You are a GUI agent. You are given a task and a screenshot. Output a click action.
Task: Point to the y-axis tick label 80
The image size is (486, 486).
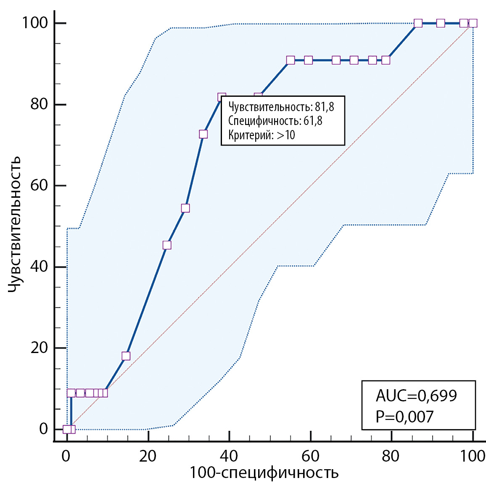[x=39, y=104]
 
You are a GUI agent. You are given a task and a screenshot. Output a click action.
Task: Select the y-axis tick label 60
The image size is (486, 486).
[x=39, y=185]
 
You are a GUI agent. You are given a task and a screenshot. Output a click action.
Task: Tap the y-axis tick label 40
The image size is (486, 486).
[x=39, y=266]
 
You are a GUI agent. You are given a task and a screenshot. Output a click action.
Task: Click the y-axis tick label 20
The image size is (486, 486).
[x=39, y=348]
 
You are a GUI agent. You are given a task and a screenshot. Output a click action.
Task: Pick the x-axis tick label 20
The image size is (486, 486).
[x=148, y=456]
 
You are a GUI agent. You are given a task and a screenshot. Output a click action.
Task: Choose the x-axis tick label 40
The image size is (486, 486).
[x=229, y=456]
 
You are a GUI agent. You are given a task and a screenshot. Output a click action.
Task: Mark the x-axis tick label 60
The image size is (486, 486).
[x=310, y=456]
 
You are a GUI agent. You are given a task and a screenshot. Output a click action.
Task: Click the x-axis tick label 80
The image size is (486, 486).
[x=391, y=456]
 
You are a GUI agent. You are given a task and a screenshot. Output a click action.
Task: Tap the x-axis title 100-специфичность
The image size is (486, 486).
[x=264, y=473]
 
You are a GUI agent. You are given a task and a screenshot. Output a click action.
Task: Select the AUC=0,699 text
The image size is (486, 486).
[x=416, y=396]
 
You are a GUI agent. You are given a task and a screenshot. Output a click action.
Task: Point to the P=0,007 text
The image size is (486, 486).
[x=404, y=417]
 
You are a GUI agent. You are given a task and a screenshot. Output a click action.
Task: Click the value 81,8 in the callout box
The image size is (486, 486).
[x=325, y=107]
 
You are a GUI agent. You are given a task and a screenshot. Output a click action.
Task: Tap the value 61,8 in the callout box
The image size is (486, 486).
[x=313, y=121]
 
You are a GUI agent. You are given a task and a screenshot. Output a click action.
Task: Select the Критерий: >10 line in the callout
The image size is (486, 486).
[x=261, y=135]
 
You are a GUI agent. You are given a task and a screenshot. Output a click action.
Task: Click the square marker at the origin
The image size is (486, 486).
[x=67, y=429]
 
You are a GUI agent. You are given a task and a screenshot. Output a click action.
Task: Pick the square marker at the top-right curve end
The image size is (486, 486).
[x=473, y=23]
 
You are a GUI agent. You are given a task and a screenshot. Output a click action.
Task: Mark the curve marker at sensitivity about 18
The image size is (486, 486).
[x=126, y=356]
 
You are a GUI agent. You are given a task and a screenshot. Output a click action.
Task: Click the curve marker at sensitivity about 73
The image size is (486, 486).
[x=203, y=134]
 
